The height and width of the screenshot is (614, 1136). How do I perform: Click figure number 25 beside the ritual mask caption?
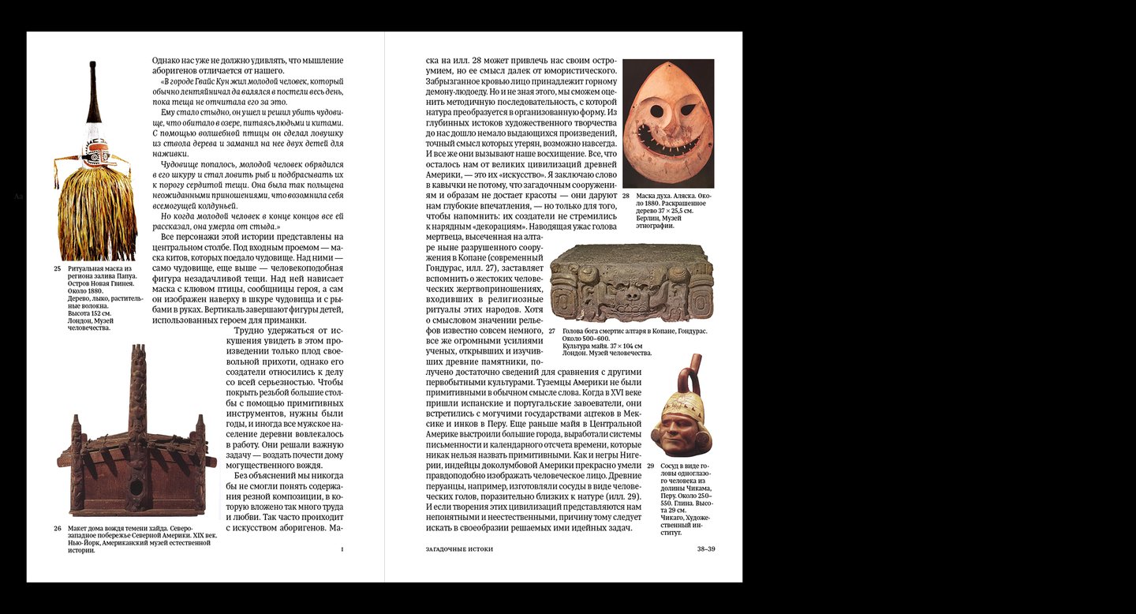pos(57,268)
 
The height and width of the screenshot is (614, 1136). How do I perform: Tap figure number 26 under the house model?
pos(57,529)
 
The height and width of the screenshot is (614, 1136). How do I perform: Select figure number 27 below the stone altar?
pos(552,331)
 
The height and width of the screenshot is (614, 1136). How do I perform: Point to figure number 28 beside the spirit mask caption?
pos(626,195)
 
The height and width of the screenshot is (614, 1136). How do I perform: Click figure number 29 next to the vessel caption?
pos(651,466)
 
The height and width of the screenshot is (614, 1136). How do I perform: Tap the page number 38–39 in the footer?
pos(706,548)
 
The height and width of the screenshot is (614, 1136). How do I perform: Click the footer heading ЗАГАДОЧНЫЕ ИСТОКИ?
pos(459,548)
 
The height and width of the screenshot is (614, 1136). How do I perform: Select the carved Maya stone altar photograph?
pos(631,283)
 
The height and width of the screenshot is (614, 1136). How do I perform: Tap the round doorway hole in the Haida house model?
pos(137,487)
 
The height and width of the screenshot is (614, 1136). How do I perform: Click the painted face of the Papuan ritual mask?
pos(96,151)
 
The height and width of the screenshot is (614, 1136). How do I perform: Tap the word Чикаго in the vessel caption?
pos(672,517)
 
